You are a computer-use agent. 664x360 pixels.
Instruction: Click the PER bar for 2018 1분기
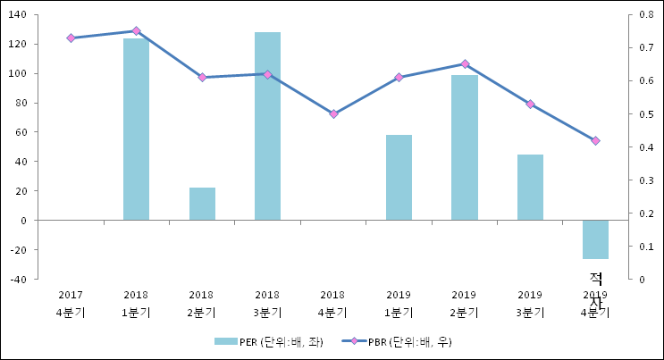(136, 130)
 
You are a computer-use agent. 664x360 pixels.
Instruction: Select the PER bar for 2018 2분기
(202, 204)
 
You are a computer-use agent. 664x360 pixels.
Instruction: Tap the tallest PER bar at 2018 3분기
(267, 126)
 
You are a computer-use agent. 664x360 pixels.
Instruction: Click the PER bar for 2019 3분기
(530, 187)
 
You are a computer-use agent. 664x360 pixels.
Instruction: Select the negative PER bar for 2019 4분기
(595, 239)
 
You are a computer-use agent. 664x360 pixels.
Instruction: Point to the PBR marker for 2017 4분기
(71, 38)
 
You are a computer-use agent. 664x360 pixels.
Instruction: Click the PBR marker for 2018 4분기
(333, 114)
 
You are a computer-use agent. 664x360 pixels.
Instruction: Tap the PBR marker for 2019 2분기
(464, 64)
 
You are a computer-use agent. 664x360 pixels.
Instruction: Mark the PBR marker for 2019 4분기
(595, 140)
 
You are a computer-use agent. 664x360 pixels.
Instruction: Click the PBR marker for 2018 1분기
(136, 31)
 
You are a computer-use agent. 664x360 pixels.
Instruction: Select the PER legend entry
(268, 341)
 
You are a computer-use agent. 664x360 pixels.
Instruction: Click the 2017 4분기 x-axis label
(71, 304)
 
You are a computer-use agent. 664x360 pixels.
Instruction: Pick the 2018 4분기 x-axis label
(333, 304)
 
